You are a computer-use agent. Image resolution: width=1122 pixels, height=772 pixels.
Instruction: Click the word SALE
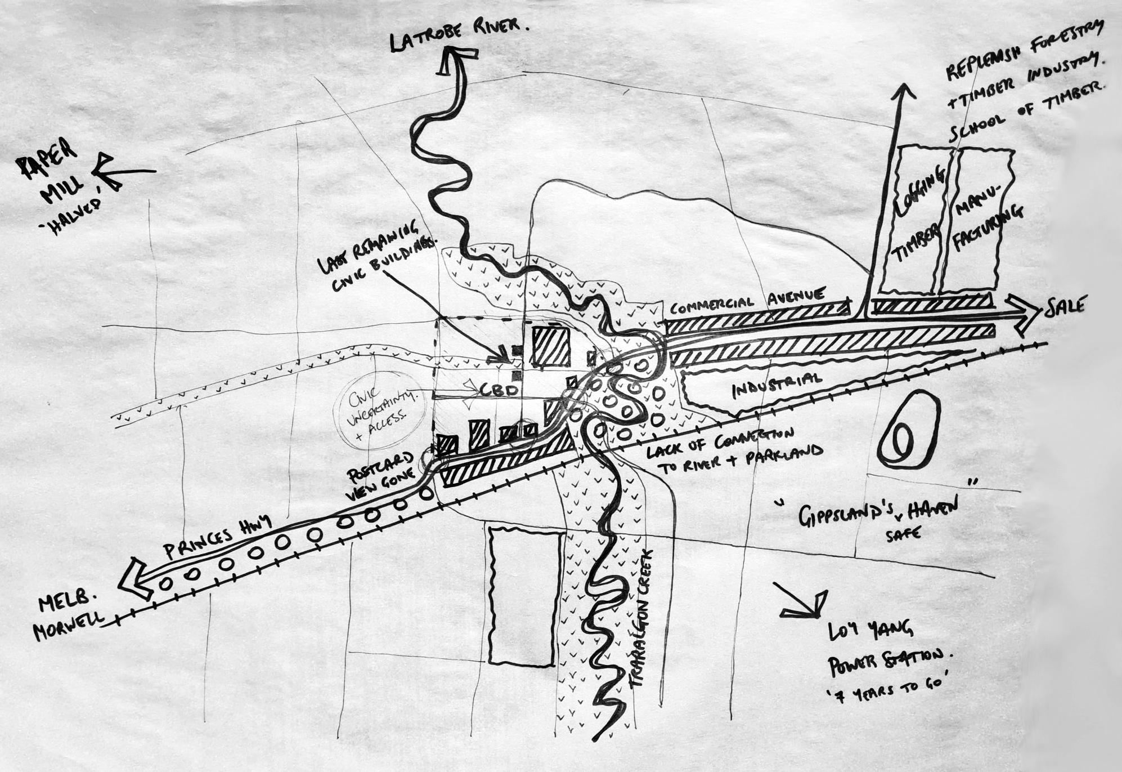[x=1064, y=307]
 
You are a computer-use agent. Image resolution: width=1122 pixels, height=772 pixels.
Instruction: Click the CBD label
[x=499, y=389]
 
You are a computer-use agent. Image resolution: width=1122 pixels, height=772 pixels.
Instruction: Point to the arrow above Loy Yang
[x=802, y=600]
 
